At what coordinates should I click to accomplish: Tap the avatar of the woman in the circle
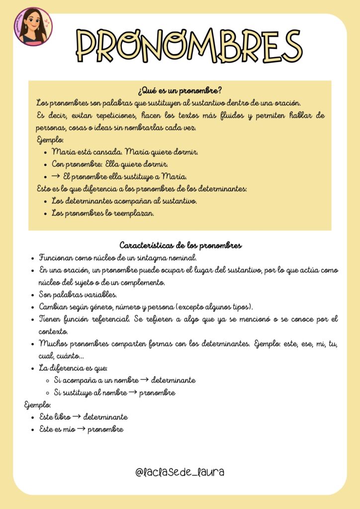tap(33, 26)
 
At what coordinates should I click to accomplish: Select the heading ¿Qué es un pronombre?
tap(180, 91)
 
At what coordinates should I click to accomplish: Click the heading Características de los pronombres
tap(180, 246)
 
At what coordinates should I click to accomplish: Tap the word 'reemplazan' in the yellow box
tap(136, 213)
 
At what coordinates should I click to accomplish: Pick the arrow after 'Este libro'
tap(76, 417)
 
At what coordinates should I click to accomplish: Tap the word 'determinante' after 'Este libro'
tap(105, 417)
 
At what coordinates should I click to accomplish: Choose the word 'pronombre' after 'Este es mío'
tap(105, 429)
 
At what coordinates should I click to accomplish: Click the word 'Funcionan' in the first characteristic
tap(57, 258)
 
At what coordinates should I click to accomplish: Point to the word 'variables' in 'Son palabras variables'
tap(99, 294)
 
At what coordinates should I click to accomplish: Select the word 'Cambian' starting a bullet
tap(53, 307)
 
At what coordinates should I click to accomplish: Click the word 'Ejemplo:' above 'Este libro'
tap(37, 405)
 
